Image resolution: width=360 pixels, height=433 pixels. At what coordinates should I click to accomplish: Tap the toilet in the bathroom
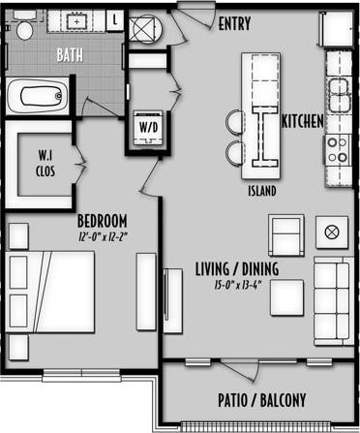(x=24, y=29)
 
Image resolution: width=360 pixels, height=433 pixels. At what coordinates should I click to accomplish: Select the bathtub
(x=38, y=97)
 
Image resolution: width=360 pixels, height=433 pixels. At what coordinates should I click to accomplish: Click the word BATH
(x=69, y=54)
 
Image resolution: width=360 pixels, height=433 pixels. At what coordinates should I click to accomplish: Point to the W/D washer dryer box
(x=148, y=128)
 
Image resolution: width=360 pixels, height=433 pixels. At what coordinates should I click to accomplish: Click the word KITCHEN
(x=302, y=123)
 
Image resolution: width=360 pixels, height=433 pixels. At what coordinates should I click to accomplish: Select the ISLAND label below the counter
(x=261, y=191)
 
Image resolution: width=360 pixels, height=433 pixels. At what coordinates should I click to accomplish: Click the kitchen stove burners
(x=339, y=149)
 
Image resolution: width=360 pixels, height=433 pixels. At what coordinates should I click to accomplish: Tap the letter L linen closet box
(x=115, y=18)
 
